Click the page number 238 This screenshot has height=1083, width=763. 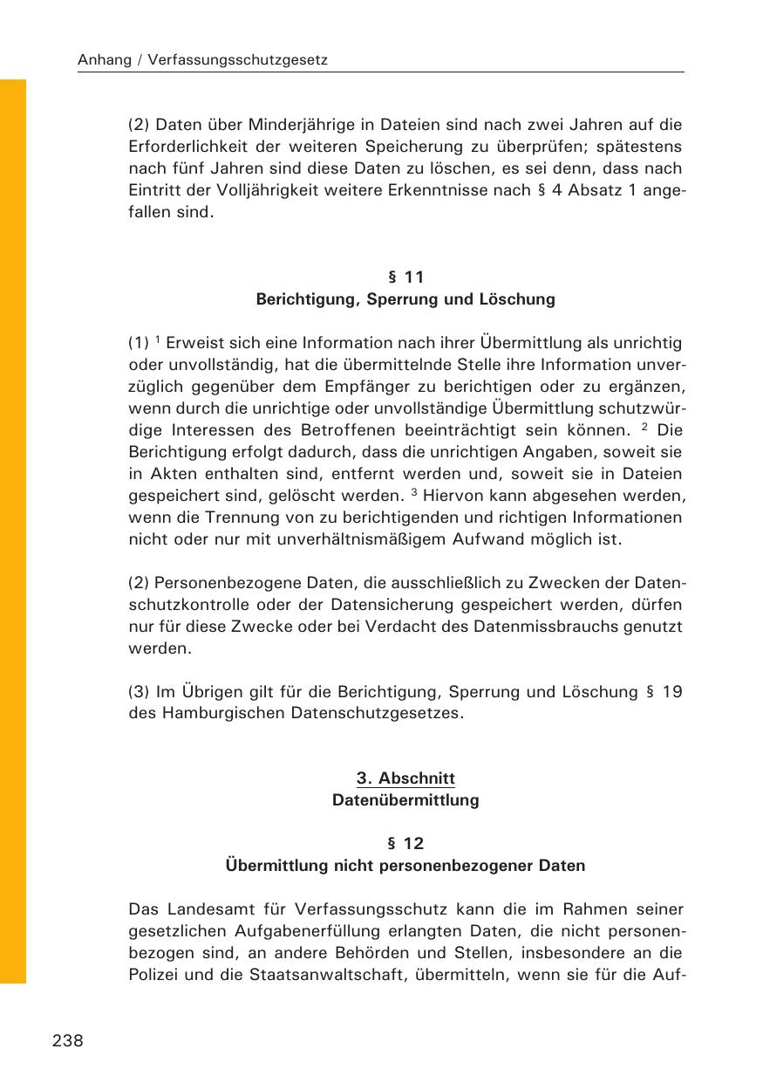click(x=68, y=1040)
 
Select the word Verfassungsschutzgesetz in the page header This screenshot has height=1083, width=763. click(x=238, y=61)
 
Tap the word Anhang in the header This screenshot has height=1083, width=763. click(x=105, y=61)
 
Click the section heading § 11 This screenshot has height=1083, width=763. click(x=405, y=278)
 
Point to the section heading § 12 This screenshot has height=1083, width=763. click(x=405, y=844)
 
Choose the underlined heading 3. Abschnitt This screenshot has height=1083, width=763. click(x=405, y=778)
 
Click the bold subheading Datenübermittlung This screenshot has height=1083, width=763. click(x=405, y=800)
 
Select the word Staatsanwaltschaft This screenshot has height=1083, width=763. click(x=333, y=975)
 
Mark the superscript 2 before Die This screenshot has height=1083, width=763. click(x=644, y=427)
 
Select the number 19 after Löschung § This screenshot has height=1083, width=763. click(x=672, y=692)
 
